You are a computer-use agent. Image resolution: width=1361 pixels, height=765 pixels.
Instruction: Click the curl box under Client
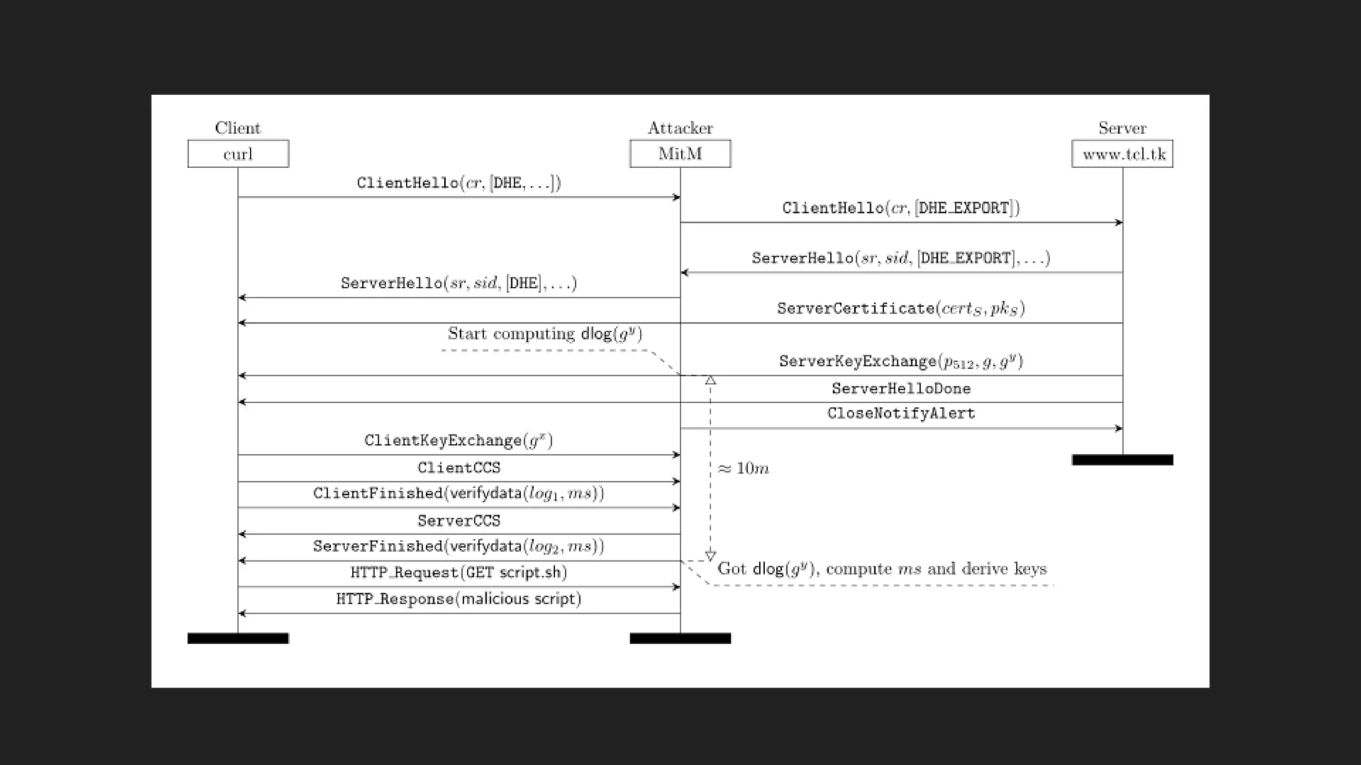[238, 154]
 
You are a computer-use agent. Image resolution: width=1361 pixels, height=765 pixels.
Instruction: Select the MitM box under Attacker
[680, 154]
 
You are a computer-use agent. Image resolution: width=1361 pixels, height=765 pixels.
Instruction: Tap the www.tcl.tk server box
[1122, 154]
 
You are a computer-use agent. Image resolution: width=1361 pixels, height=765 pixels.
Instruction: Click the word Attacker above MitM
[680, 127]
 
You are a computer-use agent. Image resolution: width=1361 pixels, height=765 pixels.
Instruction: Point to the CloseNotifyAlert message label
[900, 413]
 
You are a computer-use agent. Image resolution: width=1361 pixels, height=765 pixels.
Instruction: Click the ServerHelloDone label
[900, 388]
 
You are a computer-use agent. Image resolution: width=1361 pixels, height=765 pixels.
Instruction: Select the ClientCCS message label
[459, 467]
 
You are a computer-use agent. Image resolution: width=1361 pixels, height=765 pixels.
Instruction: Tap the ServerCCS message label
[459, 521]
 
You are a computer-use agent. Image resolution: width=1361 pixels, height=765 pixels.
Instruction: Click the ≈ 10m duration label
[743, 468]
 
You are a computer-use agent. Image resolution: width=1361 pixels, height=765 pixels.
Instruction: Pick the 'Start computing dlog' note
[545, 333]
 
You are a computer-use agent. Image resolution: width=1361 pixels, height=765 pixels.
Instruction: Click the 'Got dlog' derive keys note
[882, 569]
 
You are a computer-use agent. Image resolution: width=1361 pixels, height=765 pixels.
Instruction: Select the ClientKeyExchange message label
[459, 440]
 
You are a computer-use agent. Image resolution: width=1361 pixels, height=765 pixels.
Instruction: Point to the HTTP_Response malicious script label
[459, 599]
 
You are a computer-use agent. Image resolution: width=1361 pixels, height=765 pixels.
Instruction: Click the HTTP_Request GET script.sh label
[459, 572]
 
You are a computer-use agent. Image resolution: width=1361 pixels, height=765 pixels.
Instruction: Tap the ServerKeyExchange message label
[900, 361]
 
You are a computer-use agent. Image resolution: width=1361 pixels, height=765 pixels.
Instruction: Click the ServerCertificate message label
[900, 308]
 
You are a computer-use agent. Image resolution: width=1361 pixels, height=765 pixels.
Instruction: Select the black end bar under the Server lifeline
[1122, 460]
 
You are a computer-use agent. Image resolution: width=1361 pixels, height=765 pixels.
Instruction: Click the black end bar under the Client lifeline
[238, 638]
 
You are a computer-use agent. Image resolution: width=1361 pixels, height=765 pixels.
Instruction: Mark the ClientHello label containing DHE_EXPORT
[900, 208]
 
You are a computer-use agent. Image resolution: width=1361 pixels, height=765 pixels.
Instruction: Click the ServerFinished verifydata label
[459, 546]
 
